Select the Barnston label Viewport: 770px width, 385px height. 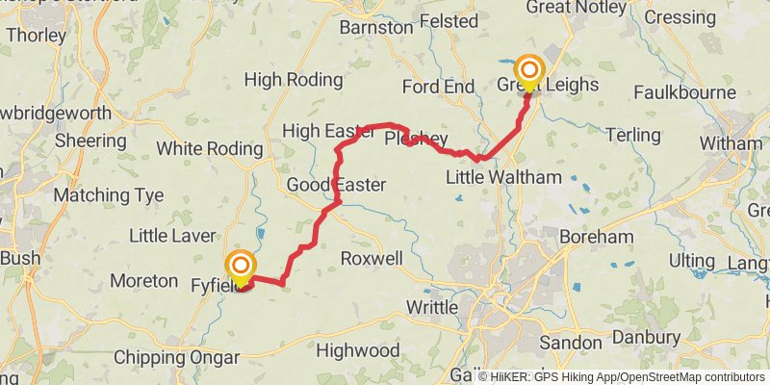tap(375, 28)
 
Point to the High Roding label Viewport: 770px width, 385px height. tap(294, 80)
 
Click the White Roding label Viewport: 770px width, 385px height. tap(209, 149)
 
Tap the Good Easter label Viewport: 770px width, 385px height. tap(337, 185)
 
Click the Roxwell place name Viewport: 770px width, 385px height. tap(372, 259)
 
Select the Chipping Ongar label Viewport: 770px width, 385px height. tap(176, 357)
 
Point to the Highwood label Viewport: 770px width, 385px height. tap(358, 350)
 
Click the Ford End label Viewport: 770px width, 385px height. tap(438, 87)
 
